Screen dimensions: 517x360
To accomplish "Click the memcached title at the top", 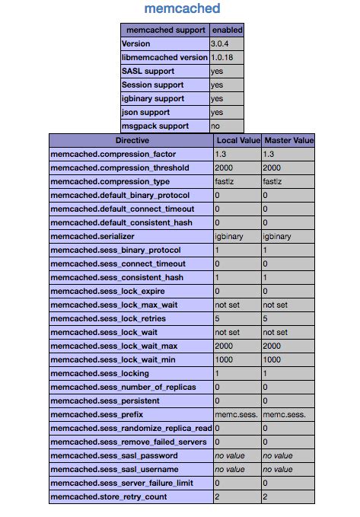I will tap(182, 9).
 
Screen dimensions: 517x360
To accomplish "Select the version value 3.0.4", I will tap(221, 44).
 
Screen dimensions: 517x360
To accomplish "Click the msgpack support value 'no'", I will tap(216, 126).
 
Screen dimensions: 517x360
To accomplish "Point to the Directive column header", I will tap(132, 141).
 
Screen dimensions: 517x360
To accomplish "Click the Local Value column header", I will tap(237, 141).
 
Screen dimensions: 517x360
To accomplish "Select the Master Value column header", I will tap(288, 141).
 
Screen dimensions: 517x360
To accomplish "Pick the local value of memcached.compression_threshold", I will tap(225, 168).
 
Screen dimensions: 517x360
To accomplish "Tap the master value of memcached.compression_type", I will tap(272, 182).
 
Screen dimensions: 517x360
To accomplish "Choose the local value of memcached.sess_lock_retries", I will tap(218, 319).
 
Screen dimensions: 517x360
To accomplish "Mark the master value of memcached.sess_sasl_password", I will tap(279, 456).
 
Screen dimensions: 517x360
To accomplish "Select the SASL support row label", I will tap(148, 72).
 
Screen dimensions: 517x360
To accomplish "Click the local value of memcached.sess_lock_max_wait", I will tap(227, 305).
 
